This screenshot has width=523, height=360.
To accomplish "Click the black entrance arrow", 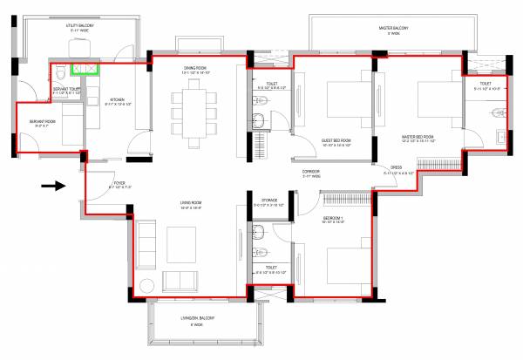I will pyautogui.click(x=53, y=185).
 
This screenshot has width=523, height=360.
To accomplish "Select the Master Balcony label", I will pyautogui.click(x=394, y=31).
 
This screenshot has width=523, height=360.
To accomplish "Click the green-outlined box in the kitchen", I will pyautogui.click(x=85, y=68).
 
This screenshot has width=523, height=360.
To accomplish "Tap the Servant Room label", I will pyautogui.click(x=43, y=122).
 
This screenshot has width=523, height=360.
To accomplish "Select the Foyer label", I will pyautogui.click(x=119, y=184).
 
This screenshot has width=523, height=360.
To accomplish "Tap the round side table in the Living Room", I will pyautogui.click(x=145, y=283).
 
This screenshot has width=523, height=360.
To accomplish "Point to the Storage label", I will pyautogui.click(x=268, y=201).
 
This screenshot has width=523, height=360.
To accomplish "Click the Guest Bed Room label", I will pyautogui.click(x=335, y=141).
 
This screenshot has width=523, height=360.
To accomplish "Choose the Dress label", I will pyautogui.click(x=395, y=167).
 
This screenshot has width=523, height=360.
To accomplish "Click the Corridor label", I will pyautogui.click(x=312, y=173).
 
